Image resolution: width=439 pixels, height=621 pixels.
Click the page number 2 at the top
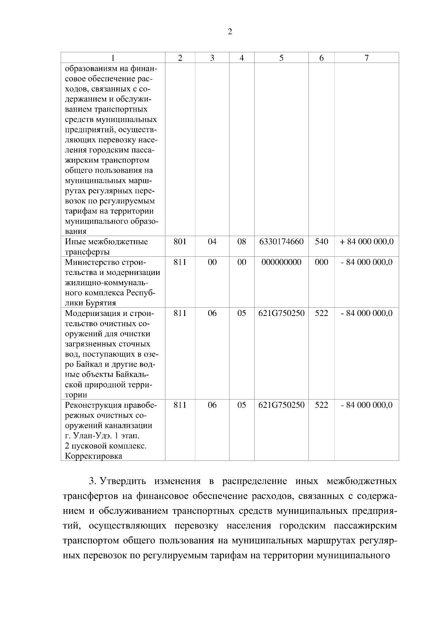(x=230, y=32)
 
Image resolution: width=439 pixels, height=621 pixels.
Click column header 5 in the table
(x=281, y=58)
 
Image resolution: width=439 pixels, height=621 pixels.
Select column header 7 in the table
(x=366, y=58)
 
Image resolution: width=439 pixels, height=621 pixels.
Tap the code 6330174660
(x=281, y=242)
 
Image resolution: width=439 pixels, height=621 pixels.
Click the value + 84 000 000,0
(x=367, y=242)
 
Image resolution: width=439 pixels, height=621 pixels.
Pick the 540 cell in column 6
(x=321, y=242)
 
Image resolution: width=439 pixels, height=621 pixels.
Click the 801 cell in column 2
(x=180, y=242)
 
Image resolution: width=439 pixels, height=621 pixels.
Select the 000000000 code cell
(x=281, y=262)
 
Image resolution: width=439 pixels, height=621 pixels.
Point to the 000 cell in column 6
(x=321, y=262)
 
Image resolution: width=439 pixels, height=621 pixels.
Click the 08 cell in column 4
(x=241, y=242)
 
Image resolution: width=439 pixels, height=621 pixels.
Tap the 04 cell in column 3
(x=212, y=242)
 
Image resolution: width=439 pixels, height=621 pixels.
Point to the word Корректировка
(x=93, y=456)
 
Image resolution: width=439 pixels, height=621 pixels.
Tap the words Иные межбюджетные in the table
(x=106, y=242)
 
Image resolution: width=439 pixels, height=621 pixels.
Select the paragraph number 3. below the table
(x=93, y=481)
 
